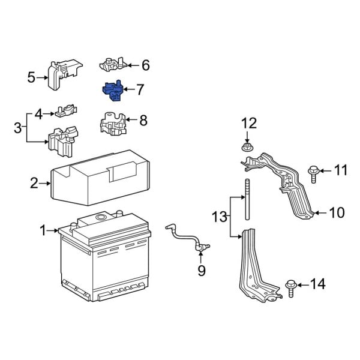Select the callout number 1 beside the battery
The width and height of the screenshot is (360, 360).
coord(43,230)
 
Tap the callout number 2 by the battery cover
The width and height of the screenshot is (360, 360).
coord(34,183)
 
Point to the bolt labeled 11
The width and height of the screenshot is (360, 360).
coord(314,172)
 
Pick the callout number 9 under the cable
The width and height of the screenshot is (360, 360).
coord(201,271)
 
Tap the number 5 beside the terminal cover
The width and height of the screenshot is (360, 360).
coord(32,76)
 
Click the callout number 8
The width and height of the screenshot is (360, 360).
coord(143,121)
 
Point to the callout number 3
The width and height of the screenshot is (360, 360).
coord(17,127)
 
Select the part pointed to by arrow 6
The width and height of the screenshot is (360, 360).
coord(113,64)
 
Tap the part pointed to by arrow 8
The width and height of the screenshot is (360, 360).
coord(112,123)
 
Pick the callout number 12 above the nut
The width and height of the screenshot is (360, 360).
coord(248,124)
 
